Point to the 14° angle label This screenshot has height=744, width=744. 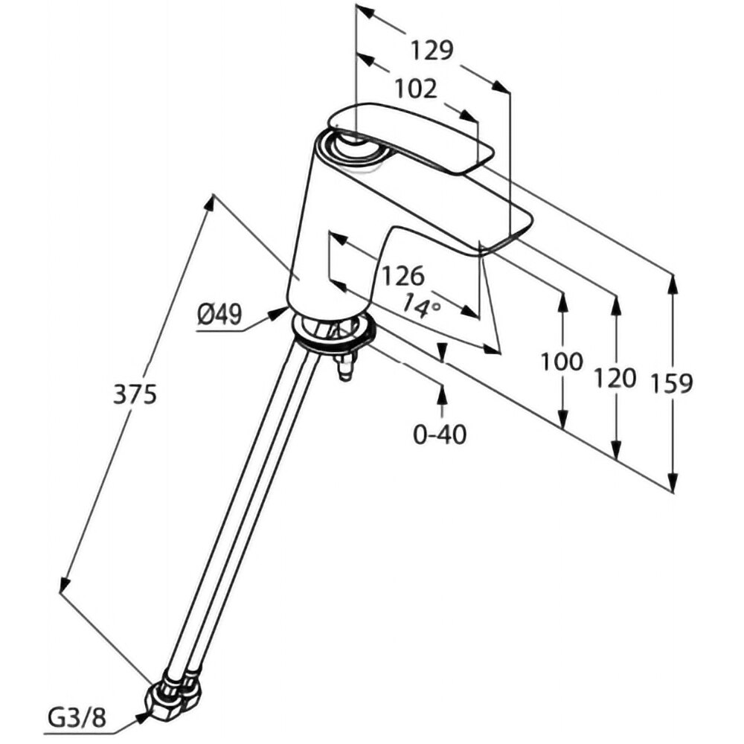[x=422, y=305]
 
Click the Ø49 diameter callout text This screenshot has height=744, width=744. [x=219, y=315]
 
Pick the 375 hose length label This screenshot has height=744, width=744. [x=135, y=395]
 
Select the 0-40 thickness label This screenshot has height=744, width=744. [x=440, y=433]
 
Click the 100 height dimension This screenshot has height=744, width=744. [x=562, y=362]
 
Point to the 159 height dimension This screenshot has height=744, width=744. [x=672, y=383]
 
